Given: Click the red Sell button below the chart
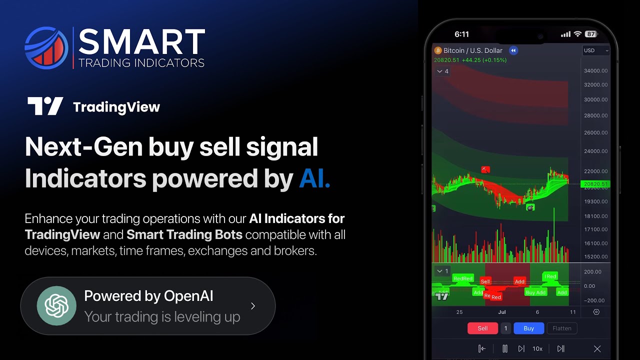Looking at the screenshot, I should tap(482, 328).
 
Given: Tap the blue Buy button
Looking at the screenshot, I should tap(528, 328).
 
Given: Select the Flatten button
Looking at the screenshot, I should tap(561, 328).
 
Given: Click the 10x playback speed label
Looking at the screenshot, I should tap(537, 349).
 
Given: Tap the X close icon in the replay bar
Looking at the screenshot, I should tap(597, 349).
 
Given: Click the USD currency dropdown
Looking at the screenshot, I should tap(596, 50).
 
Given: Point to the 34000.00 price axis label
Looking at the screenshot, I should tap(595, 71).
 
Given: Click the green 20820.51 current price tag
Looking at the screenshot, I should tap(595, 184).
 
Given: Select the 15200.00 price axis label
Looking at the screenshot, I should tap(595, 257).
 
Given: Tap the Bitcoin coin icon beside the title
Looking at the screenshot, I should tap(438, 50).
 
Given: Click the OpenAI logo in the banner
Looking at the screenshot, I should tap(56, 305).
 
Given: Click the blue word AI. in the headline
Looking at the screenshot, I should tap(314, 178).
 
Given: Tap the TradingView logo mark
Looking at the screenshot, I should tap(45, 106).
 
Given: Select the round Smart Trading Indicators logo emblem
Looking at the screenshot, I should tap(46, 48).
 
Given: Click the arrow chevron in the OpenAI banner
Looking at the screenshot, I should tap(253, 306).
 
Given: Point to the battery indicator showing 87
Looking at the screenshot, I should tap(590, 34).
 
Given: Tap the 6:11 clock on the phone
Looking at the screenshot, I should tap(461, 34).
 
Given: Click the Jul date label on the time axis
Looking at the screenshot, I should tap(501, 312).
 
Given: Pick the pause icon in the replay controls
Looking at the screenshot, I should tap(505, 349).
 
